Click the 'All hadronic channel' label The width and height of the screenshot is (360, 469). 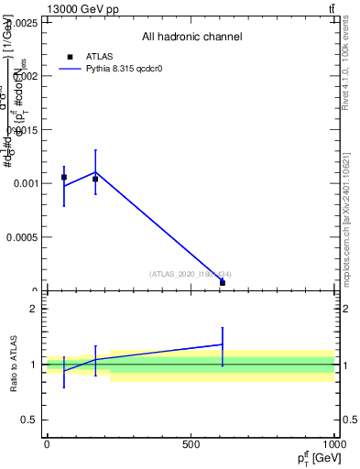coord(191,38)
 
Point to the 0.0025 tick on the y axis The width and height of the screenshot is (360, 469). coord(20,22)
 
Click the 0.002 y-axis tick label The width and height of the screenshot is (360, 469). coord(23,76)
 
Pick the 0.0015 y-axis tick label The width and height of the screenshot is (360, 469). coord(20,130)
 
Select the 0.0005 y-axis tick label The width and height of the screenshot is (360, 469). coord(20,237)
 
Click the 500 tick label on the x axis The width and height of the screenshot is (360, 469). coord(191,445)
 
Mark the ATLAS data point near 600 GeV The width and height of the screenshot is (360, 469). coord(223,283)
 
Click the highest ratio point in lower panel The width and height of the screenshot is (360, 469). coord(223,344)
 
